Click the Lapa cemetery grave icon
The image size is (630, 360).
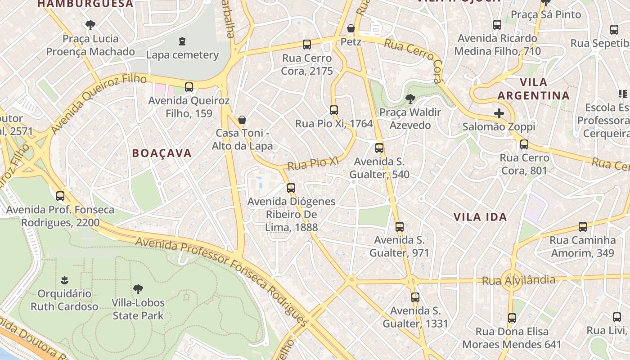182,41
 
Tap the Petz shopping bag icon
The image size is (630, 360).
351,29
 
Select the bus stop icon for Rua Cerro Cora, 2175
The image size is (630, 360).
307,45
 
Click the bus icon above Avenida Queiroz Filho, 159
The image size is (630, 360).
189,87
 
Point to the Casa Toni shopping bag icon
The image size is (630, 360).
242,120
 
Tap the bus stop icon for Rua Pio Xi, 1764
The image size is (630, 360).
333,110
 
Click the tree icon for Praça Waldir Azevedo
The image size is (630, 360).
409,99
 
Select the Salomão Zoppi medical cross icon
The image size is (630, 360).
499,113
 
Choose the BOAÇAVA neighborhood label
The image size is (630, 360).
162,153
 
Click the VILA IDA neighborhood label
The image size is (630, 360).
480,217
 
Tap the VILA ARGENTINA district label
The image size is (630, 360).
534,89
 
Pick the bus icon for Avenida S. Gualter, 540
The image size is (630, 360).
379,148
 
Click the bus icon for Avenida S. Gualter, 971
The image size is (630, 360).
400,227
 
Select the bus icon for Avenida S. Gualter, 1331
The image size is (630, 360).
415,297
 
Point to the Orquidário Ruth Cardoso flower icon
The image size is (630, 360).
64,280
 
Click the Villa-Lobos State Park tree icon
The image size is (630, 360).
138,289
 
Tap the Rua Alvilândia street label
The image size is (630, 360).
518,281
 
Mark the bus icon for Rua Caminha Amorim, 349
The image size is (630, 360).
583,227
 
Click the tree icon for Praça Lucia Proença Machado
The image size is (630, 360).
90,25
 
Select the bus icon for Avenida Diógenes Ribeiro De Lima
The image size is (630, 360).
291,188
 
